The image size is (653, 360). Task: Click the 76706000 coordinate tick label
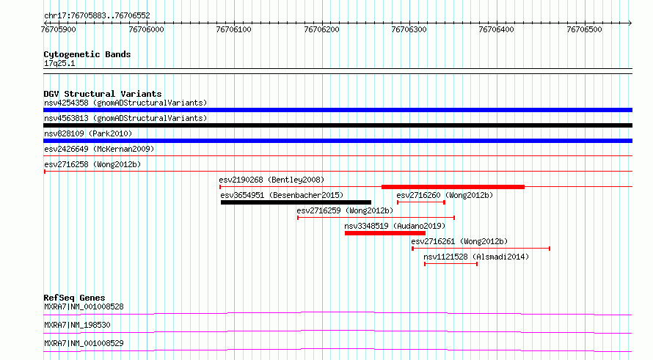click(x=146, y=29)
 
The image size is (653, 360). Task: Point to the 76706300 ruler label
click(x=409, y=29)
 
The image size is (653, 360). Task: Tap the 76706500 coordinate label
click(x=584, y=29)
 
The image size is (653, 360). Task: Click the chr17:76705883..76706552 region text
click(x=97, y=16)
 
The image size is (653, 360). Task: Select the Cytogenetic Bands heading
click(x=87, y=54)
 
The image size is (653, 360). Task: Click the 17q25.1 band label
click(x=59, y=63)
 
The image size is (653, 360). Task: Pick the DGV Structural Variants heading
click(x=103, y=94)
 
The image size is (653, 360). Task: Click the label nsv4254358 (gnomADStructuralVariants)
click(x=125, y=103)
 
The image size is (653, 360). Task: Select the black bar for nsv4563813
click(x=338, y=125)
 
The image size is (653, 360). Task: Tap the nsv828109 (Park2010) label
click(x=88, y=133)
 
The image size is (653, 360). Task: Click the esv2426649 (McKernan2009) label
click(x=99, y=149)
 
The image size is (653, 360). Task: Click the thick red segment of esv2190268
click(x=453, y=187)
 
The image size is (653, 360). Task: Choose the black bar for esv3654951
click(x=296, y=202)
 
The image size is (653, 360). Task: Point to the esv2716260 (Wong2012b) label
click(x=445, y=195)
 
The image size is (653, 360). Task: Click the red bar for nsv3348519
click(x=384, y=233)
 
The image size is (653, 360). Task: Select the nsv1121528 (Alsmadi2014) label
click(x=476, y=257)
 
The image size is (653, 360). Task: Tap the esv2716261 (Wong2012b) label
click(x=459, y=241)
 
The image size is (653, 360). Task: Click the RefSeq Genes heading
click(x=74, y=298)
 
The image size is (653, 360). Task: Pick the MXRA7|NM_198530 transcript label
click(x=77, y=325)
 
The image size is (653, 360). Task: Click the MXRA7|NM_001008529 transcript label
click(x=84, y=343)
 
